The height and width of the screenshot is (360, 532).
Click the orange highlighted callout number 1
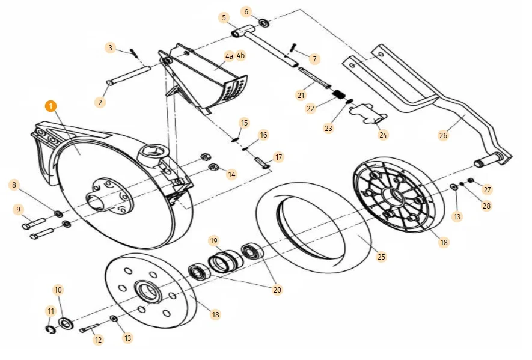point(50,105)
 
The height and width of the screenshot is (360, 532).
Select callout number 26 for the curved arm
point(443,135)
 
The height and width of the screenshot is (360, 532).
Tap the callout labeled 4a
point(228,56)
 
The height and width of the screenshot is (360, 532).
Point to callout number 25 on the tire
point(381,257)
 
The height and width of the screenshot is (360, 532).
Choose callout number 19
point(213,241)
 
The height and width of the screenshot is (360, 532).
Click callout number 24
point(384,135)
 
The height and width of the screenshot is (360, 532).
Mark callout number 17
point(278,157)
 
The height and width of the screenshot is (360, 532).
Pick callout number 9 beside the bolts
point(19,209)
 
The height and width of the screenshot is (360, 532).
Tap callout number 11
point(50,310)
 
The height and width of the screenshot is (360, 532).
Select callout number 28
point(486,206)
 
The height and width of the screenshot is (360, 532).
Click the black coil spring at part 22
point(340,95)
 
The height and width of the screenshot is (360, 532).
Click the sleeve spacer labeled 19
point(224,263)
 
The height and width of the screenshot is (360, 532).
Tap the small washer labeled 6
point(264,23)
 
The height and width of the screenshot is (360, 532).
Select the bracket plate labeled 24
point(368,113)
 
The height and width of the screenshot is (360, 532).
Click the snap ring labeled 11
point(51,328)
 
